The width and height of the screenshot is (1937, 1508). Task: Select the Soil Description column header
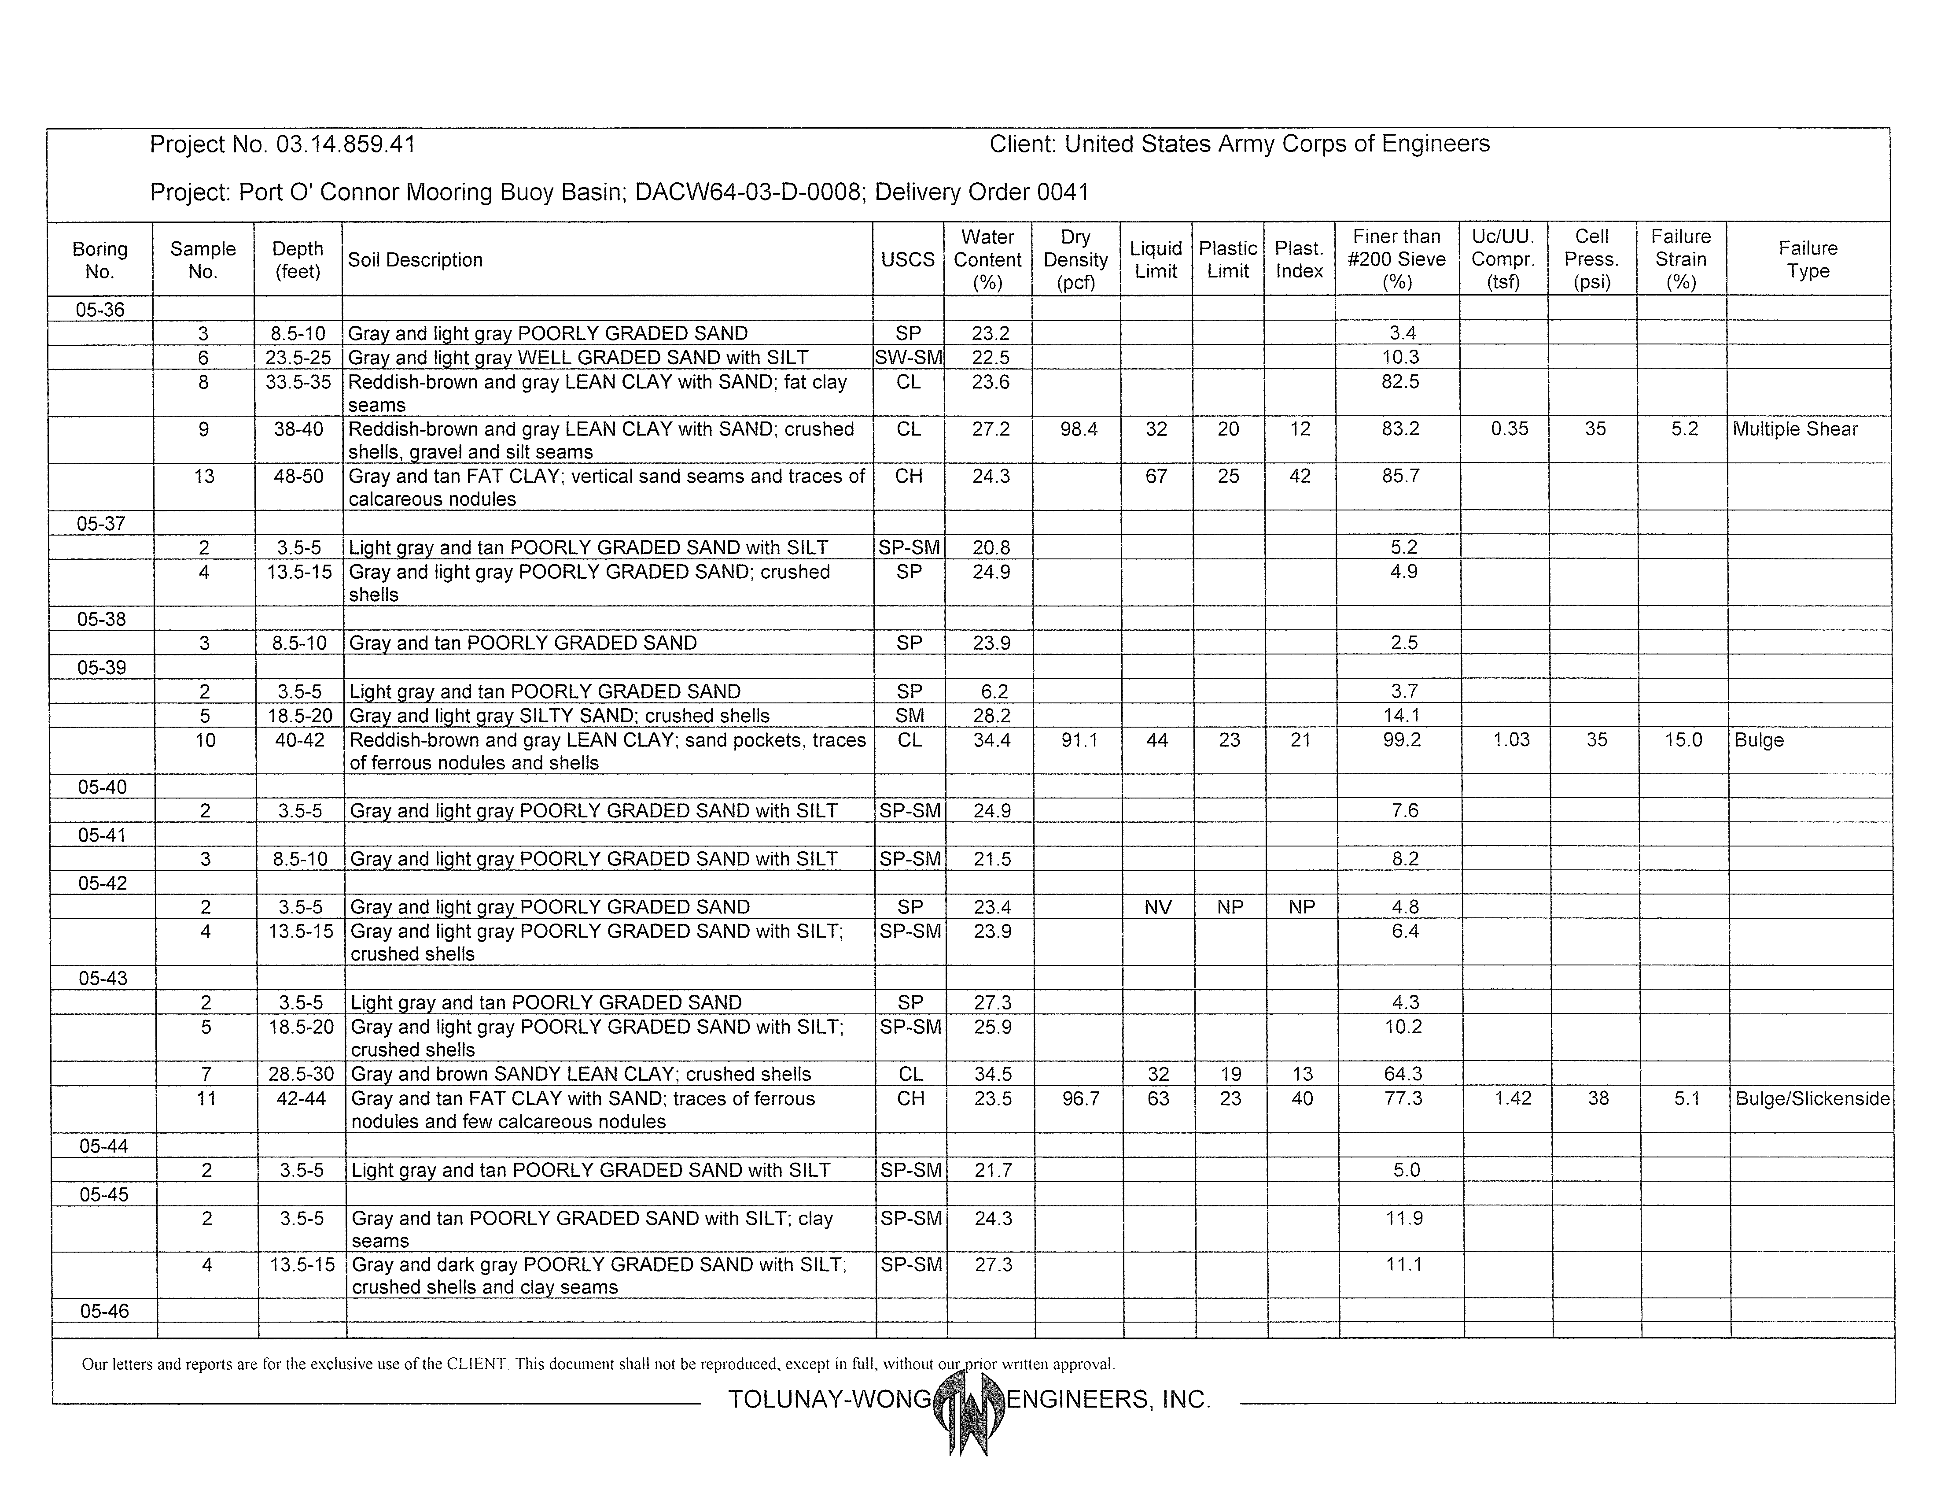point(415,260)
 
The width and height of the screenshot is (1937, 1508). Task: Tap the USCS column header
point(907,260)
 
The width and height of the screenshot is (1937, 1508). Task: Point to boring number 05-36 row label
point(100,310)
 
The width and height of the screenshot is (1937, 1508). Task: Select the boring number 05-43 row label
point(103,979)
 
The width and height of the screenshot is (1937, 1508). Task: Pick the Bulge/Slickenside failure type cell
point(1812,1098)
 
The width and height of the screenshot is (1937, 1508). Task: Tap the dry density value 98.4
point(1079,429)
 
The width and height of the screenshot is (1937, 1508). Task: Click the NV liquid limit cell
point(1157,906)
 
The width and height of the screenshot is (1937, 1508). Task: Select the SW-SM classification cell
point(908,358)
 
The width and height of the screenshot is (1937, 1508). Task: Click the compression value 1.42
point(1512,1098)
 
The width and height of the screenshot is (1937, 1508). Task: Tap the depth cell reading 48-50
point(299,477)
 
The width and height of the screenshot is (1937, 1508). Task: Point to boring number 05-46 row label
point(104,1311)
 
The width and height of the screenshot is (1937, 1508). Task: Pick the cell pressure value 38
point(1597,1098)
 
